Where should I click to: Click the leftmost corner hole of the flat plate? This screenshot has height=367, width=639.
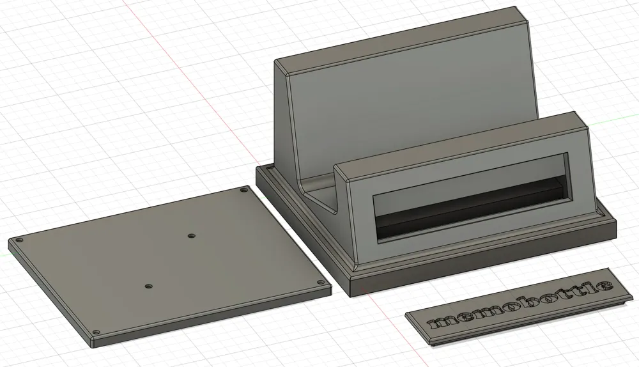19,240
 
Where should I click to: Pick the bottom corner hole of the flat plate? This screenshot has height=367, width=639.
96,332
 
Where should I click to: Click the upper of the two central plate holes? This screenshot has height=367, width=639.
190,236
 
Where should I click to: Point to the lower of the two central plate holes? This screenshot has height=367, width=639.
148,286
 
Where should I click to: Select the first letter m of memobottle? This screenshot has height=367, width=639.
442,320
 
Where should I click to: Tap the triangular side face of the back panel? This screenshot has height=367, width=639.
288,128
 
